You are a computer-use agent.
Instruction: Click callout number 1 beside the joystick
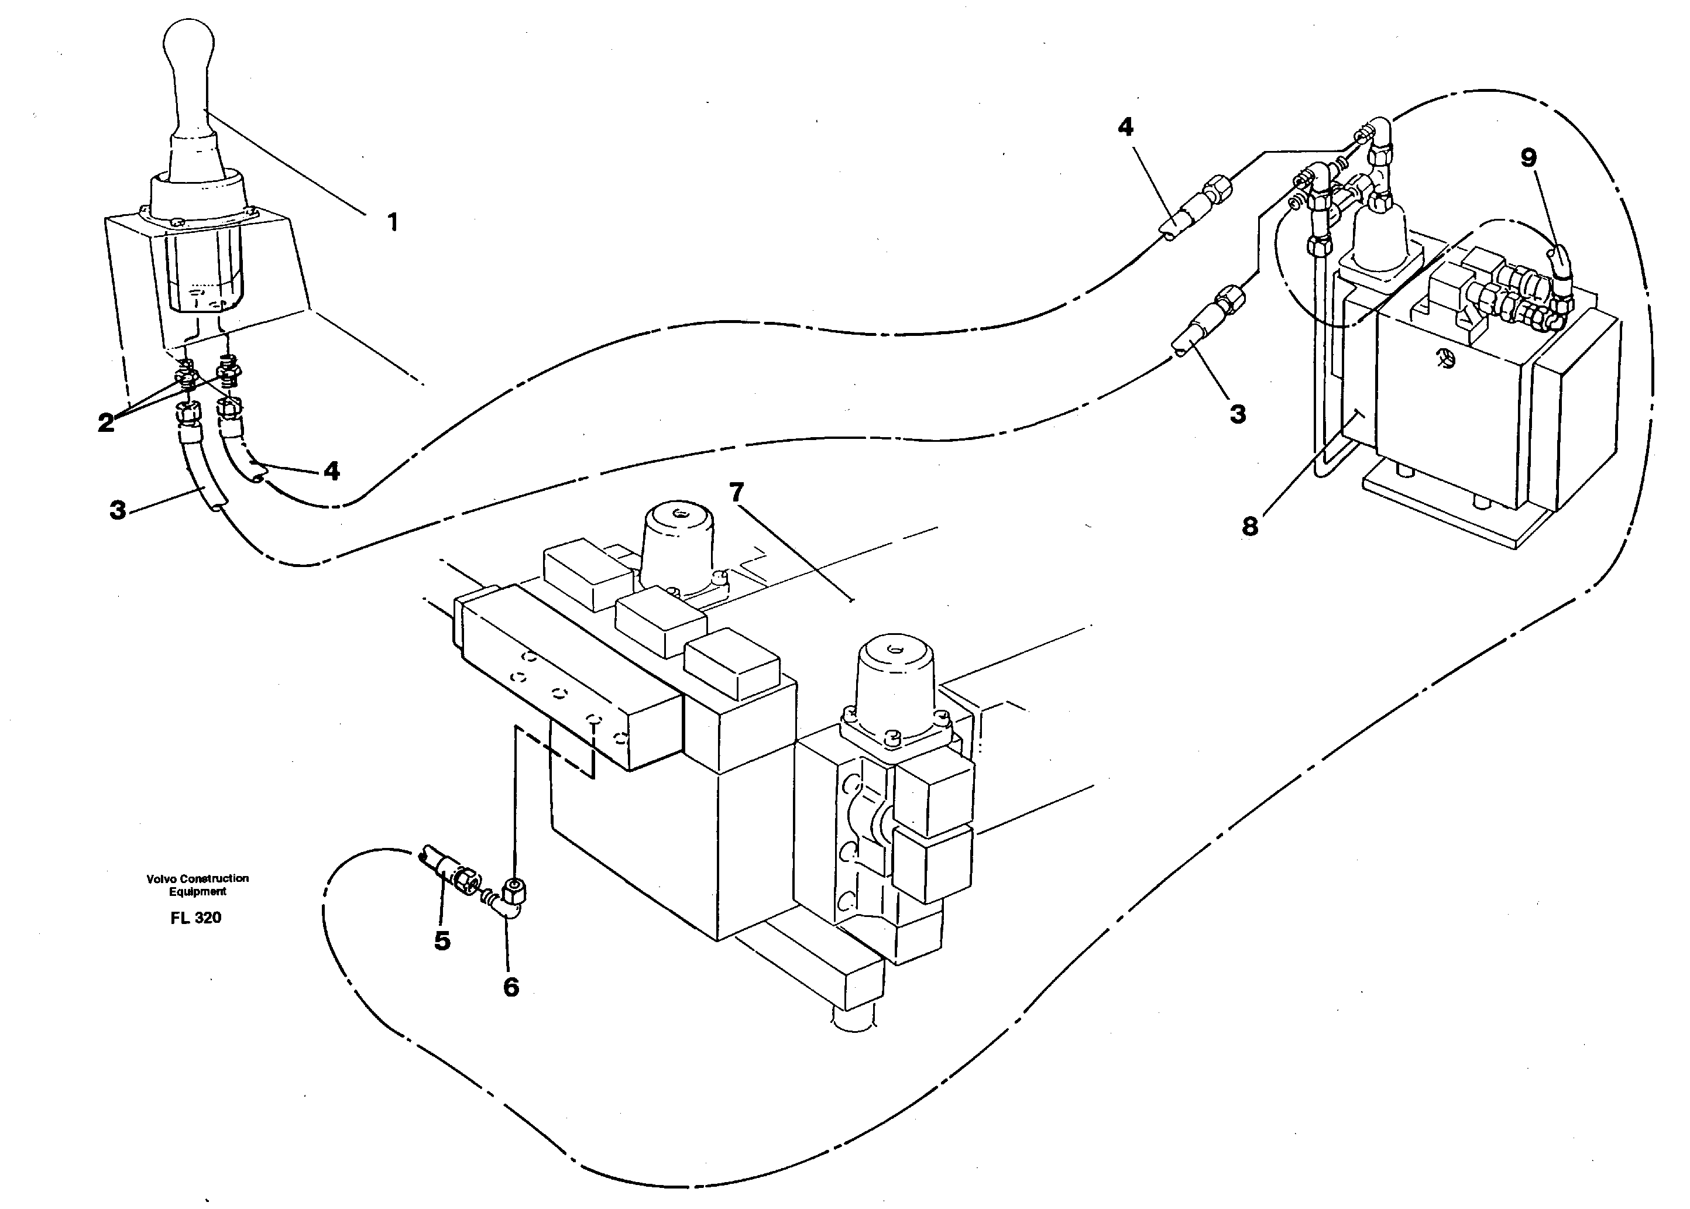click(392, 221)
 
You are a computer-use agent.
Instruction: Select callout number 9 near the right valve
click(1528, 158)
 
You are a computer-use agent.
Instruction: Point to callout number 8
click(1250, 526)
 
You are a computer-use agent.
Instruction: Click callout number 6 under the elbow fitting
click(511, 987)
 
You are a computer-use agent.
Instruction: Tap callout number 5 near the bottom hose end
click(442, 941)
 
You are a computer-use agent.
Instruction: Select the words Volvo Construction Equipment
click(197, 884)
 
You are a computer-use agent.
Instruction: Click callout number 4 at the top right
click(1125, 128)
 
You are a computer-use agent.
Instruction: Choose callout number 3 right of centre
click(1237, 414)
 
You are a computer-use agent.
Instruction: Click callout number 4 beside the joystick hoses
click(331, 470)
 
